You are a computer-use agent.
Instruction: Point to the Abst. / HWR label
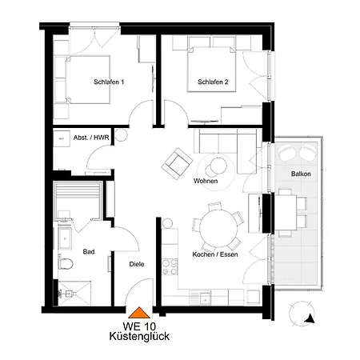click(91, 138)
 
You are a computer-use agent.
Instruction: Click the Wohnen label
click(206, 182)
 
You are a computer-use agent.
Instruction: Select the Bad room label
click(89, 251)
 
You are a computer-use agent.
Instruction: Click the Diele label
click(137, 263)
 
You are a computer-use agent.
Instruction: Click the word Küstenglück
click(138, 338)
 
